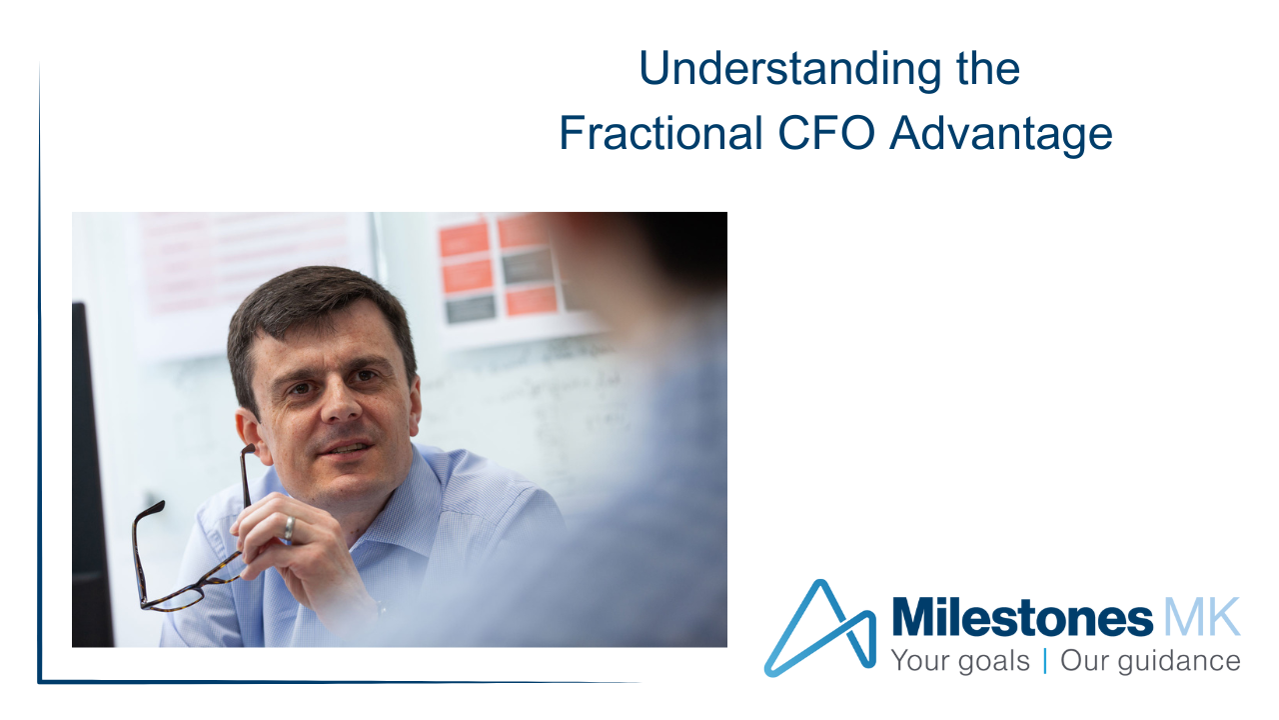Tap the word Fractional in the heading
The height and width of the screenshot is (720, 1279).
tap(661, 134)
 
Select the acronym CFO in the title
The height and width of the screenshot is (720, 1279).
tap(826, 134)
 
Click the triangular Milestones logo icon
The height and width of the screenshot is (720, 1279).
tap(820, 629)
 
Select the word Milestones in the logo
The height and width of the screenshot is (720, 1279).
tap(1022, 617)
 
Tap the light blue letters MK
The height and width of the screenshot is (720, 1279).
tap(1202, 617)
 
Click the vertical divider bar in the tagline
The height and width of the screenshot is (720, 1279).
tap(1045, 661)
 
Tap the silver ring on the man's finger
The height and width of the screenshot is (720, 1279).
tap(290, 527)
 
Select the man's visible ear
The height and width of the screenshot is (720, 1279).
tap(250, 433)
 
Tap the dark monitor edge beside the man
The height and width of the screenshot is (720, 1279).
tap(91, 474)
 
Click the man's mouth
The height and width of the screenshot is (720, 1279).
tap(345, 449)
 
